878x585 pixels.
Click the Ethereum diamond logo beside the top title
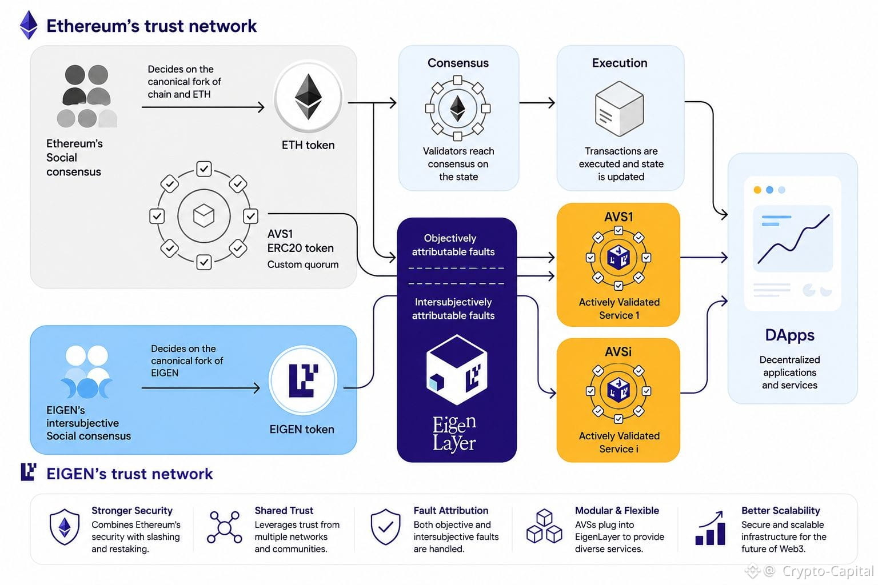pos(29,25)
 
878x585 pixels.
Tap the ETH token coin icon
pos(309,97)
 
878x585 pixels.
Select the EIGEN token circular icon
pos(303,380)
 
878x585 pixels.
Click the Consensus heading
pos(458,63)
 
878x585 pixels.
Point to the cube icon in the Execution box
pos(619,109)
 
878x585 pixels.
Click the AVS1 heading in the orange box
pos(618,217)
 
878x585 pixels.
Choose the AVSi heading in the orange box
pos(618,351)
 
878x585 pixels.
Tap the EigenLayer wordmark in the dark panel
pos(454,434)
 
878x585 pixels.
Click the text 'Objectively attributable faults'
pos(453,245)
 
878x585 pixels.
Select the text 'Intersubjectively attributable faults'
pos(453,308)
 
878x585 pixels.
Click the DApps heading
pos(790,335)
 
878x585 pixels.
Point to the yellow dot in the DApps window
pos(757,190)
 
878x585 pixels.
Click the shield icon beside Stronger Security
pos(65,527)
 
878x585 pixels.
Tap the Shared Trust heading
pos(284,510)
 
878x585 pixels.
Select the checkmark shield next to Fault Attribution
pos(386,527)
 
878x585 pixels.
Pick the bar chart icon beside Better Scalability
pos(710,528)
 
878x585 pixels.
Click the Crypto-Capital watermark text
pos(828,571)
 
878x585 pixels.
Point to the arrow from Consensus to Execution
pos(537,103)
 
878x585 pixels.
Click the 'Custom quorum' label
pos(303,265)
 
